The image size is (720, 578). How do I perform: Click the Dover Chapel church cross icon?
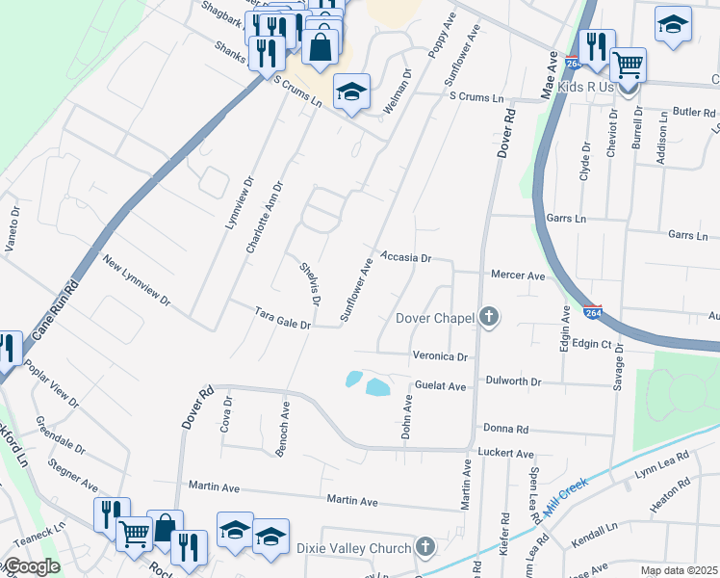click(489, 317)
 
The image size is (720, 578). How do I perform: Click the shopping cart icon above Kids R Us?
click(628, 66)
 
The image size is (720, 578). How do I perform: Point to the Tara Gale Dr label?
click(283, 318)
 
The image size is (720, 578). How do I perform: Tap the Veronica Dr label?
click(440, 355)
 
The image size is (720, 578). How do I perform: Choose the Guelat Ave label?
click(441, 386)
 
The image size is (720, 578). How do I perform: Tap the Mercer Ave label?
click(518, 276)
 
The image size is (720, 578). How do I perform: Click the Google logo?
click(33, 567)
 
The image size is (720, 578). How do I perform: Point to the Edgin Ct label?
click(592, 344)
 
